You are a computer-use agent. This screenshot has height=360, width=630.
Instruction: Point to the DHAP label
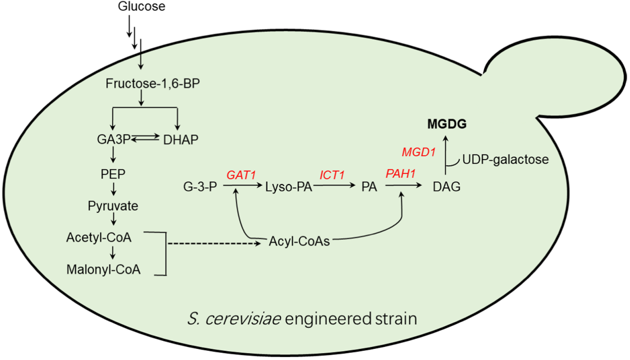coord(180,140)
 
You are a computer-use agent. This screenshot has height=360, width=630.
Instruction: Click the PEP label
coord(113,173)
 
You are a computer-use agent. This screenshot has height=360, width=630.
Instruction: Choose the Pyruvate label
coord(113,206)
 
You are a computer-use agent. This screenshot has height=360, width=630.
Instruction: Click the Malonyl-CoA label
coord(103,269)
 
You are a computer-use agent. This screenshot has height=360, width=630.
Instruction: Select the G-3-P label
coord(199,187)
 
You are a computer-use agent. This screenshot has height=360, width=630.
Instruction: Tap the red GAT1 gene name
coord(241,175)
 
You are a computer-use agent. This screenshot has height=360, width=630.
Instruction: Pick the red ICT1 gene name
coord(332,175)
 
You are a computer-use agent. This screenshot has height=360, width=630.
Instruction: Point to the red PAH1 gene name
coord(401,175)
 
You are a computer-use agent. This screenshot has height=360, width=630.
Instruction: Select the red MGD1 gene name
coord(418,152)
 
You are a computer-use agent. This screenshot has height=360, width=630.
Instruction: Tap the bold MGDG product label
coord(447,125)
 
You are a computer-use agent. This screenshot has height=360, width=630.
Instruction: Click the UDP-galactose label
coord(505,159)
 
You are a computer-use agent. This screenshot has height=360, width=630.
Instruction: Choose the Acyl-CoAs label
coord(299,241)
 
